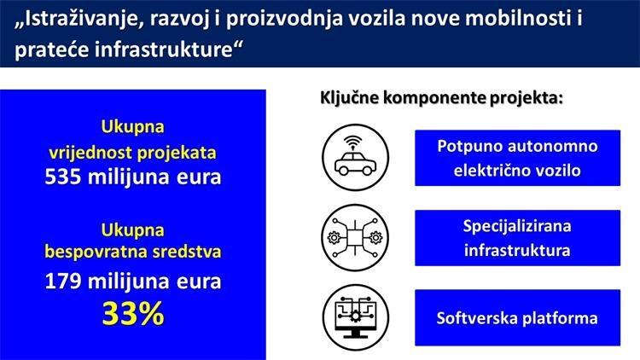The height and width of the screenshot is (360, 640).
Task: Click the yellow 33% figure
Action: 132,313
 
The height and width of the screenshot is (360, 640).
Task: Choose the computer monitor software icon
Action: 355,316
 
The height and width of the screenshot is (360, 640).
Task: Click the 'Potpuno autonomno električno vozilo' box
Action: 517,158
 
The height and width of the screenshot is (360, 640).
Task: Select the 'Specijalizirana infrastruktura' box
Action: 517,238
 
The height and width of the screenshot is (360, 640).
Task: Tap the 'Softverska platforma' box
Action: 517,318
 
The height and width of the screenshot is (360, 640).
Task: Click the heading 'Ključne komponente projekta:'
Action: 441,98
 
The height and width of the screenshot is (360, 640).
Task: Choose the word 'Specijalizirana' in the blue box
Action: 517,226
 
